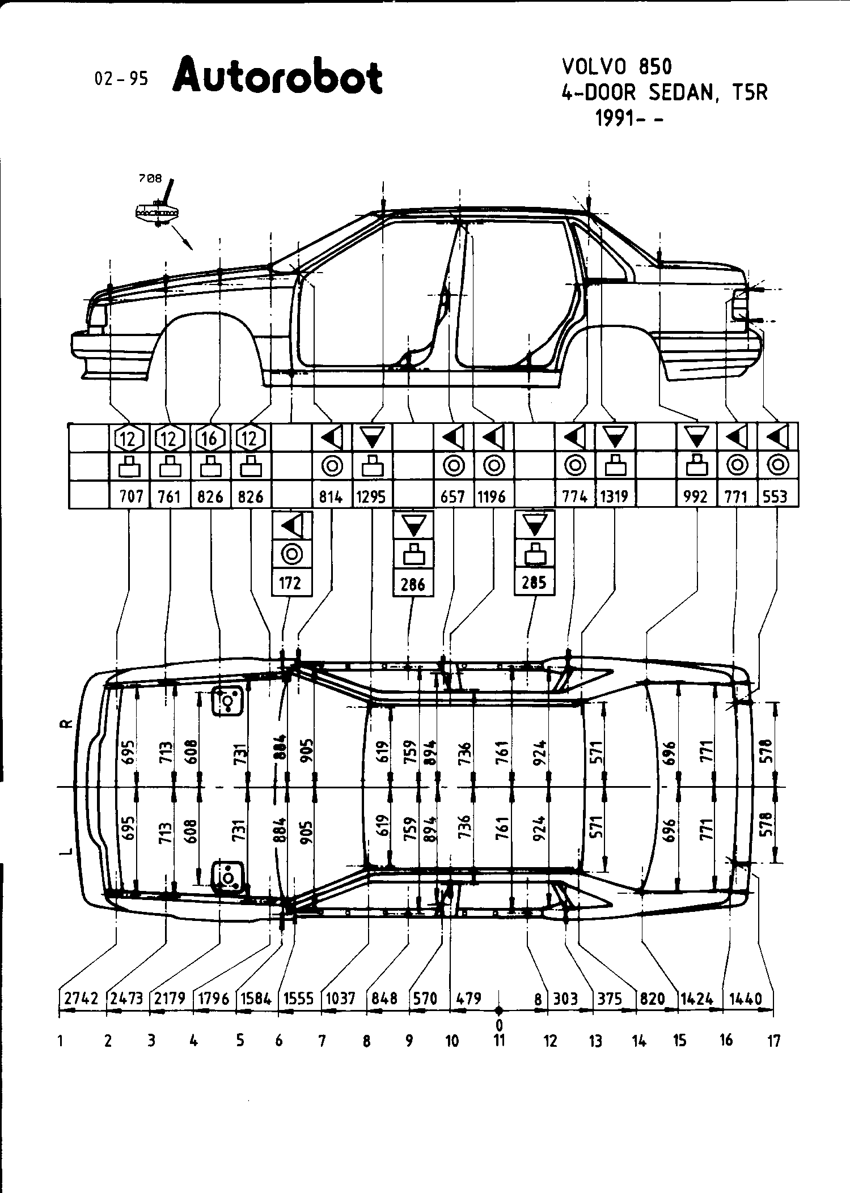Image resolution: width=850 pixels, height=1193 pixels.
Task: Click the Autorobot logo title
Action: (278, 78)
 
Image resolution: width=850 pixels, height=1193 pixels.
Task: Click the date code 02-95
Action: (121, 79)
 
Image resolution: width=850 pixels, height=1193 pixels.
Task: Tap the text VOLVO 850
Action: (617, 67)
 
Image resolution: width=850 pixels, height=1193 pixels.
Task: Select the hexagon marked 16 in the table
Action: (210, 438)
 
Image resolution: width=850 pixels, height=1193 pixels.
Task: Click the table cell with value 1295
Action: (371, 497)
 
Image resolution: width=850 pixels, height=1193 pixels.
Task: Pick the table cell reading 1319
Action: (614, 497)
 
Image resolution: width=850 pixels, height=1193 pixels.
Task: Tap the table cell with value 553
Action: (775, 497)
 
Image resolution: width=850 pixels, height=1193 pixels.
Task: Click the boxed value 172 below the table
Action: (291, 583)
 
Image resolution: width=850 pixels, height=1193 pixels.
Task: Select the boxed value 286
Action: (413, 584)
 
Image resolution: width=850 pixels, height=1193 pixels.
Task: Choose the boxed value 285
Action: (534, 583)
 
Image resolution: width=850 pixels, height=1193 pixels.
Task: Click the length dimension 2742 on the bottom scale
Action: (82, 999)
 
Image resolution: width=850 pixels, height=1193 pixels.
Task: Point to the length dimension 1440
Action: (746, 999)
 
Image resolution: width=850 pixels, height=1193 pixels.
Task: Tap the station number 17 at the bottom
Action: (773, 1041)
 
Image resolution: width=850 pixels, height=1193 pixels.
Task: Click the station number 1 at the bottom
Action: (60, 1041)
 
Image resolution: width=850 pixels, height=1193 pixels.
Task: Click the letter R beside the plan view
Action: (67, 724)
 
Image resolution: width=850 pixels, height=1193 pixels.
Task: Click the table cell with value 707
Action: (131, 497)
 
